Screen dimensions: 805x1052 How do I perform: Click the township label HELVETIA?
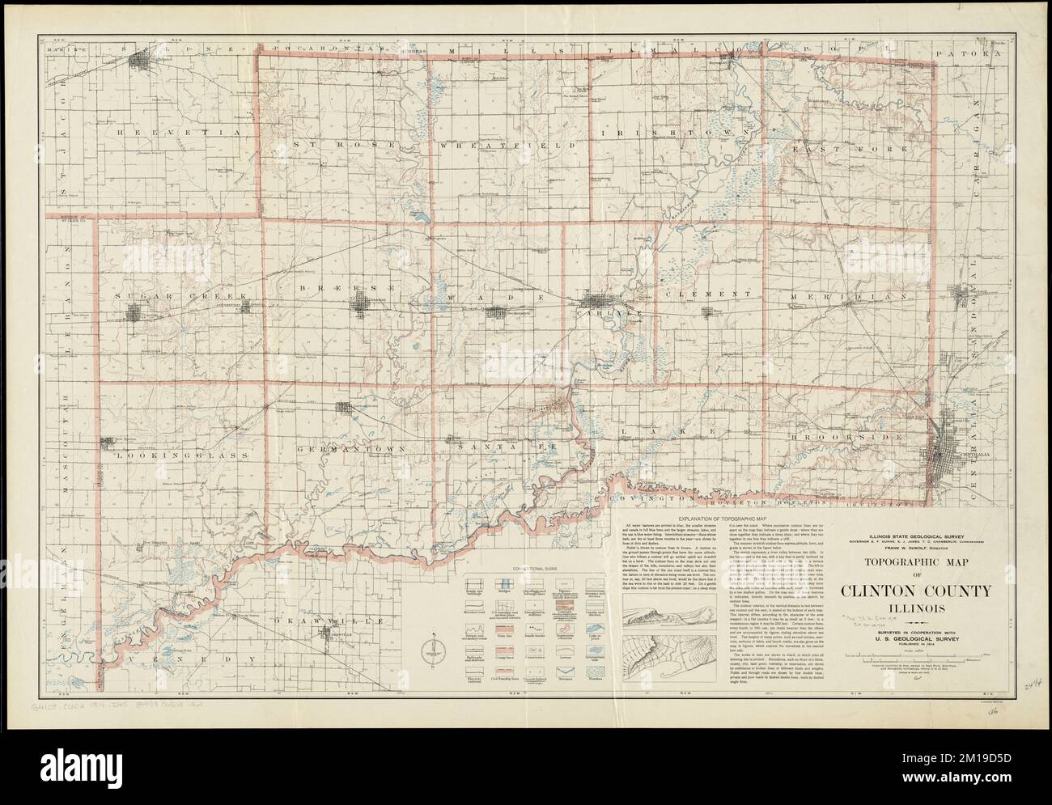click(179, 130)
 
